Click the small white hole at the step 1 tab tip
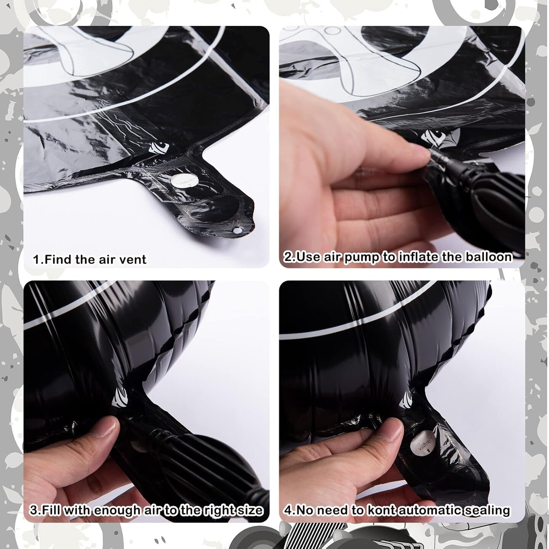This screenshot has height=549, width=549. [236, 231]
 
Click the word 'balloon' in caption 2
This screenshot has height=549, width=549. [488, 257]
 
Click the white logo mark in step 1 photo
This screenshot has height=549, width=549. [159, 148]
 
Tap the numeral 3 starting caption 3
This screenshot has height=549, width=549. [34, 510]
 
